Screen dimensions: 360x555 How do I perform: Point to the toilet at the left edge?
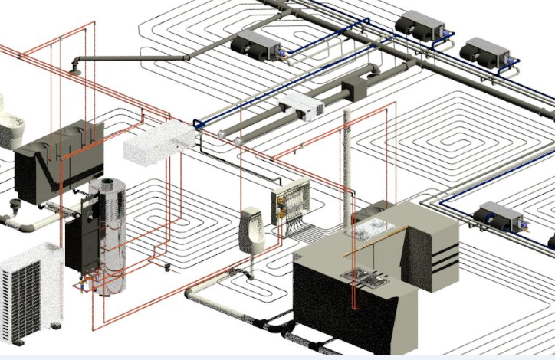8,123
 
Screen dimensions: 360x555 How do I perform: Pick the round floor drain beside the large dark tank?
15,205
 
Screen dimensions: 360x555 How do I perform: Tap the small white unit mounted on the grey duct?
302,106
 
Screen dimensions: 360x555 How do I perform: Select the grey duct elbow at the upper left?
79,64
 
